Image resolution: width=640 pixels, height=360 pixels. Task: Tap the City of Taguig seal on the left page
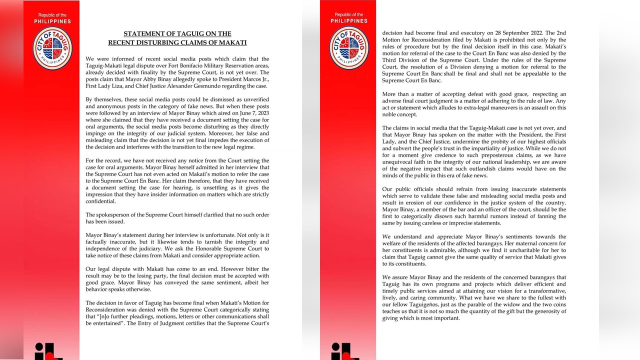[x=52, y=48]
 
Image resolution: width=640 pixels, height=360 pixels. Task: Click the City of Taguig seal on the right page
[x=349, y=48]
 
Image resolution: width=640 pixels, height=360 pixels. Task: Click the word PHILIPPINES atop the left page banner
[x=52, y=21]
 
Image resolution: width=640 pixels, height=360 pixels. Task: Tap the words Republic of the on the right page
[x=349, y=15]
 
